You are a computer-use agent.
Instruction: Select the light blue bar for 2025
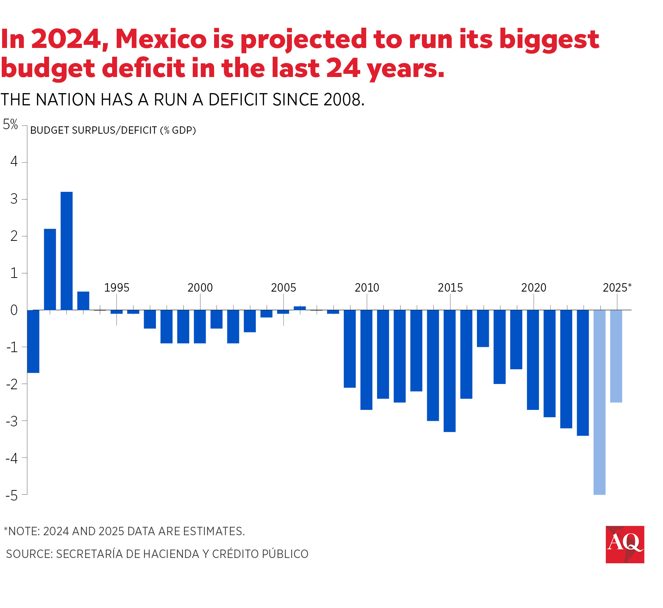tap(616, 356)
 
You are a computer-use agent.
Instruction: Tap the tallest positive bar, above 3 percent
tap(67, 251)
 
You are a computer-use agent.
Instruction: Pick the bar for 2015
tap(450, 371)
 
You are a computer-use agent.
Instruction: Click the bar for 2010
tap(366, 359)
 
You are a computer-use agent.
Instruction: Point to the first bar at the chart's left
tap(33, 341)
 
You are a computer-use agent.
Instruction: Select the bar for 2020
tap(533, 359)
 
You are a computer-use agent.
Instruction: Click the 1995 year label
tap(117, 288)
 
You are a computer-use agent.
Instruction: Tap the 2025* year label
tap(617, 288)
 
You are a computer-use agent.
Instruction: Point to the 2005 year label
tap(283, 288)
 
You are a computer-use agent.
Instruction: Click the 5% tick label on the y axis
tap(11, 124)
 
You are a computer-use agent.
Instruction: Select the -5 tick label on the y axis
tap(12, 496)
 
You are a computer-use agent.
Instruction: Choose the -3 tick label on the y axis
tap(12, 421)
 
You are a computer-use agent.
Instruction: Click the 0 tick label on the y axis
tap(14, 310)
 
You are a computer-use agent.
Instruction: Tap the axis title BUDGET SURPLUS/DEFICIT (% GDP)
tap(113, 130)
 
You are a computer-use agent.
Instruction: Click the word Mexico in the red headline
tap(161, 39)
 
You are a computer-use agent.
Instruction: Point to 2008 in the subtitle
tap(342, 100)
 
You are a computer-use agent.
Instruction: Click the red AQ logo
tap(625, 544)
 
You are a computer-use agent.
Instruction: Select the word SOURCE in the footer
tap(29, 554)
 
